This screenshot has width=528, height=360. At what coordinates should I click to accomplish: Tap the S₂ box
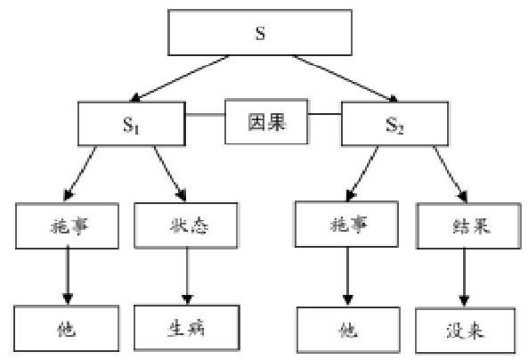click(x=394, y=123)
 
